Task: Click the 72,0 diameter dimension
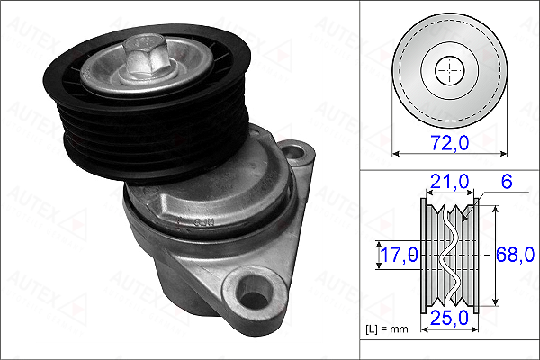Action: [x=450, y=142]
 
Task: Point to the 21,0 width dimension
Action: [x=449, y=181]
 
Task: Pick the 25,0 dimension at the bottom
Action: [x=449, y=318]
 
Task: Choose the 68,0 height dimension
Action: [x=515, y=255]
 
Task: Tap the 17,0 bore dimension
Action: [x=400, y=255]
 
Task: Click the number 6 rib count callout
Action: [x=507, y=181]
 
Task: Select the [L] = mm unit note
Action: [x=387, y=329]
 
